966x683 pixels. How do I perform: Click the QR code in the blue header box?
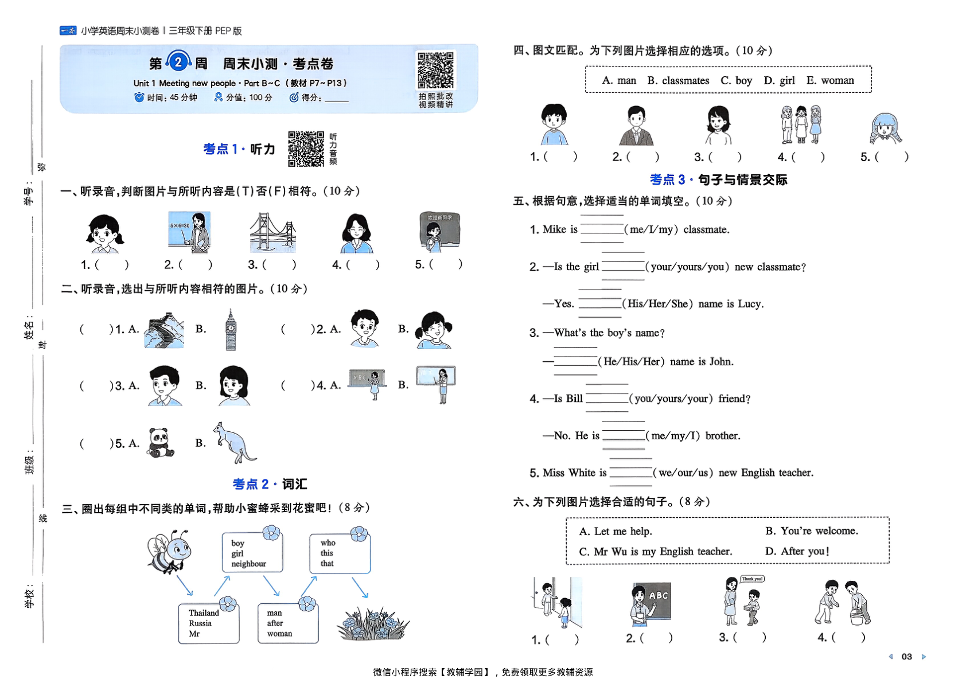click(435, 71)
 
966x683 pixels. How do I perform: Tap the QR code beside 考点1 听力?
click(306, 149)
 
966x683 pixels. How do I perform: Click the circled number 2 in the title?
click(178, 62)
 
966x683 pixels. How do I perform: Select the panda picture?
click(160, 443)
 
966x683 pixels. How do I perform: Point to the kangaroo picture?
click(235, 443)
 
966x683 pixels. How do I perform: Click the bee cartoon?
click(169, 551)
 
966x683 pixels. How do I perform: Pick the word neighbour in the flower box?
click(248, 564)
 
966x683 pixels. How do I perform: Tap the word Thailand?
click(204, 613)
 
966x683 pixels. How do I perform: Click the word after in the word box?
click(275, 623)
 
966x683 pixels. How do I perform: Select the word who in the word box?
click(328, 543)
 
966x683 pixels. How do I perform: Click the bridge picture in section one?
click(272, 233)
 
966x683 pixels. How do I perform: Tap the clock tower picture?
click(231, 330)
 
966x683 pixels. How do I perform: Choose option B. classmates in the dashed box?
click(678, 81)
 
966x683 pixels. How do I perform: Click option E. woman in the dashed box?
click(830, 81)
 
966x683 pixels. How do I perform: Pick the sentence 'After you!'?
click(797, 552)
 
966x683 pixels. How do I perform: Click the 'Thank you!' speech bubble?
click(752, 579)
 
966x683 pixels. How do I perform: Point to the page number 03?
click(906, 657)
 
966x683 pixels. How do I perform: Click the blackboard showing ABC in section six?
click(658, 596)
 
